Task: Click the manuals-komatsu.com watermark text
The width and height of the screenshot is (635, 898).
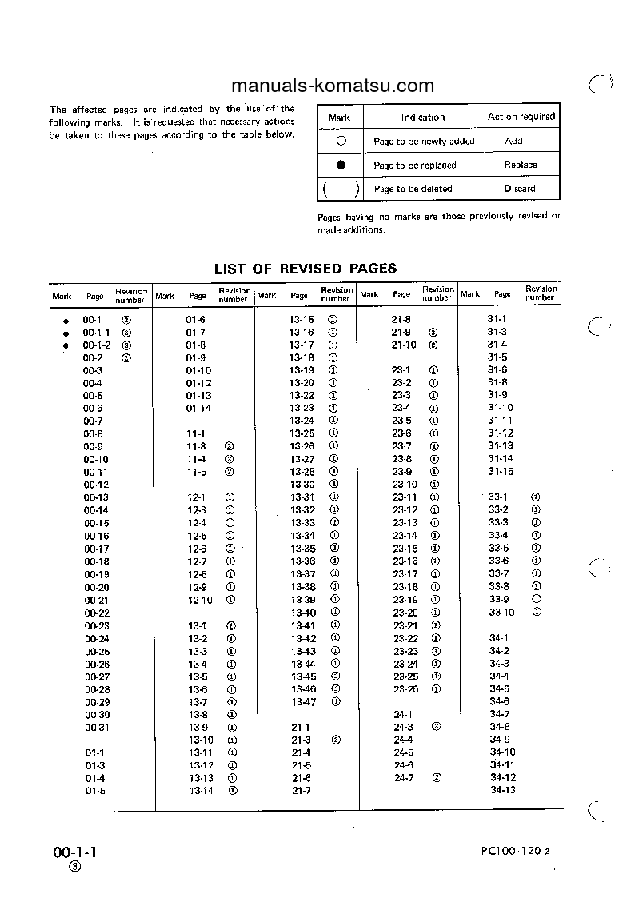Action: tap(332, 86)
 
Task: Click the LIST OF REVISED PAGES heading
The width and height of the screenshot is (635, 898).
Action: tap(306, 269)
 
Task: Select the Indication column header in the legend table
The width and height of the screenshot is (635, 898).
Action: tap(423, 117)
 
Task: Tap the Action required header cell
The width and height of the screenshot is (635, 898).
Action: tap(521, 116)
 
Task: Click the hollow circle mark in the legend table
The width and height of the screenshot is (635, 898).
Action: tap(341, 140)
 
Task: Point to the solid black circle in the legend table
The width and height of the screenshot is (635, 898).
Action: tap(341, 165)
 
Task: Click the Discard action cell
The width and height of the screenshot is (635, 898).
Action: tap(520, 189)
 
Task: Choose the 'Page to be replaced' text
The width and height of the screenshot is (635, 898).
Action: tap(414, 166)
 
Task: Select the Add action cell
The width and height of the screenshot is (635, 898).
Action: tap(513, 141)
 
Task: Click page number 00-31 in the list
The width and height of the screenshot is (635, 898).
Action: tap(97, 728)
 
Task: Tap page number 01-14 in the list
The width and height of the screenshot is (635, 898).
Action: tap(198, 408)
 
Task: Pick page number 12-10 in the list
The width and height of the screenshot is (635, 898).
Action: tap(200, 600)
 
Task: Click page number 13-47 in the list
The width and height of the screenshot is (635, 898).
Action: tap(303, 702)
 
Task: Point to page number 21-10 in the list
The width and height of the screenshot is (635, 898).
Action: tap(404, 345)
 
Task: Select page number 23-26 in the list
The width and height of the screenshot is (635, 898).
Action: tap(405, 689)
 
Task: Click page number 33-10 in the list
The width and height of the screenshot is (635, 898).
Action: tap(502, 613)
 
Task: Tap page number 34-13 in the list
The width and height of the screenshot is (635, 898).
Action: tap(503, 790)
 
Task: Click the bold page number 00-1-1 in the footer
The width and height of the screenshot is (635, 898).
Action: tap(75, 852)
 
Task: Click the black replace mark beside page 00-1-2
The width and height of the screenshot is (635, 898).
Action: tap(66, 345)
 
